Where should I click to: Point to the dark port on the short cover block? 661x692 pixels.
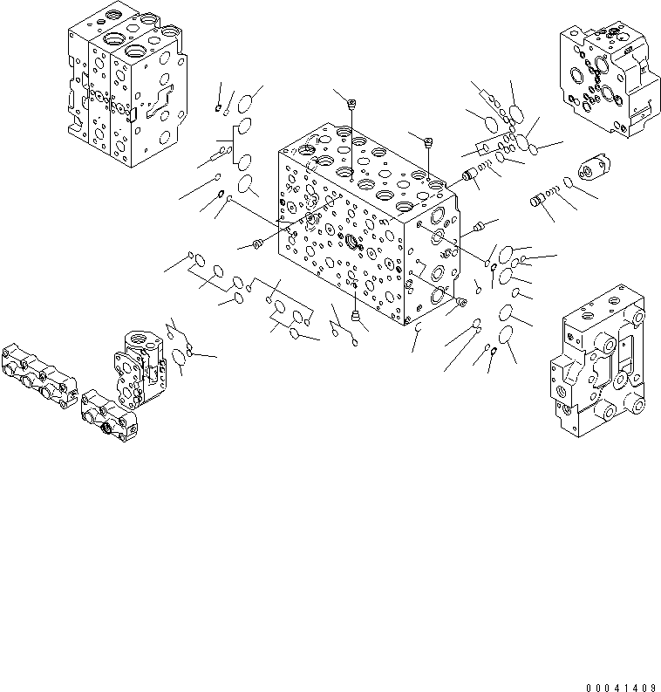coord(112,427)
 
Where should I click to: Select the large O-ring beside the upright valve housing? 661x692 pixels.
coord(180,356)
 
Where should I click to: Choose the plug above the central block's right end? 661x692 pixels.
coord(428,141)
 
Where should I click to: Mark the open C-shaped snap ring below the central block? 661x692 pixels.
coord(418,330)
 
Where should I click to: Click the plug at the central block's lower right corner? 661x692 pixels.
coord(460,303)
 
